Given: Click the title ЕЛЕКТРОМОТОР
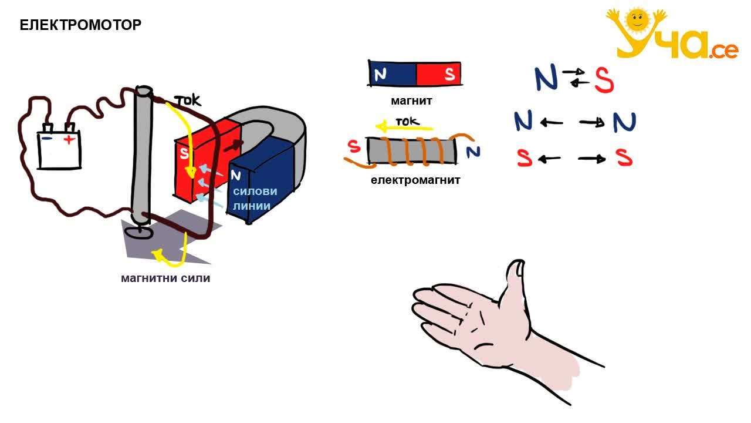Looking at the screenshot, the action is (80, 25).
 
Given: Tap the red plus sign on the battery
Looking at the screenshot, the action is (69, 139).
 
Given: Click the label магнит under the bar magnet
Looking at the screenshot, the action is (411, 100).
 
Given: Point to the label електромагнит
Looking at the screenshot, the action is (415, 180).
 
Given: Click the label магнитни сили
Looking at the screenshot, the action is (165, 278).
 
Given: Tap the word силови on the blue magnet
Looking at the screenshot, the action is (255, 192).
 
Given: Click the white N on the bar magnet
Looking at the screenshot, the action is (380, 75).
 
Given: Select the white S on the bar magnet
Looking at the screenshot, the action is (449, 74).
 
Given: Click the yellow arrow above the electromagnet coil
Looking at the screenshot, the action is (404, 127).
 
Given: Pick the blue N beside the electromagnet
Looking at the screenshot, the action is (473, 152).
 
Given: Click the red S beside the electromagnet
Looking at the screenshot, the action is (354, 146).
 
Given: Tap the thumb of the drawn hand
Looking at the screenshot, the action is (513, 282).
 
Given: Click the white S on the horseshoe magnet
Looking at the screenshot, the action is (184, 153).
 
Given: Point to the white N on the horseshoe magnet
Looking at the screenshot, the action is (236, 175).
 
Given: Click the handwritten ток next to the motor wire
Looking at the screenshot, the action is (188, 100).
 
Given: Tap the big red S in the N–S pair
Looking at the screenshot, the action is (604, 80).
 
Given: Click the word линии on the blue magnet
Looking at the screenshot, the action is (252, 206).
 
